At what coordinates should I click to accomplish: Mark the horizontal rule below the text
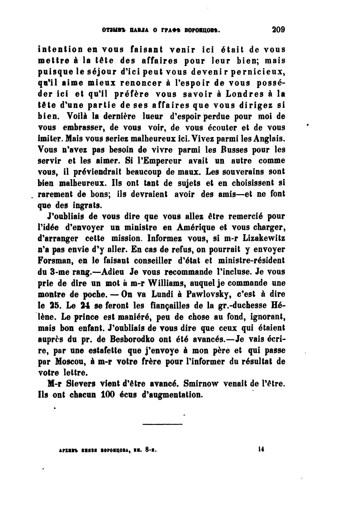(163, 424)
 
